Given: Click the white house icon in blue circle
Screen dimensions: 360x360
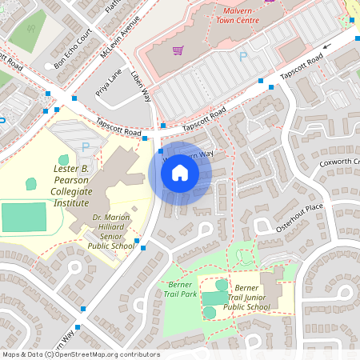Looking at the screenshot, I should pyautogui.click(x=180, y=173).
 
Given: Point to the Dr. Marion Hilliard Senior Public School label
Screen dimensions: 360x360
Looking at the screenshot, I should pyautogui.click(x=113, y=232).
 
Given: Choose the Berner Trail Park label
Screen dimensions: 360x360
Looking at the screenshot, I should pyautogui.click(x=179, y=289).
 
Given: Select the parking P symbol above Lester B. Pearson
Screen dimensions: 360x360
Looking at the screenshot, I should pyautogui.click(x=85, y=146).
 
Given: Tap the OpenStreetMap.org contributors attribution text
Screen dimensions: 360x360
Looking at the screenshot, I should pyautogui.click(x=80, y=354).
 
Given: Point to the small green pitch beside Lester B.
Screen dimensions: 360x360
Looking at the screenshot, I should pyautogui.click(x=31, y=183).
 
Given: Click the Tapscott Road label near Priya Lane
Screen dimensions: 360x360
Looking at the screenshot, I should pyautogui.click(x=118, y=126).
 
